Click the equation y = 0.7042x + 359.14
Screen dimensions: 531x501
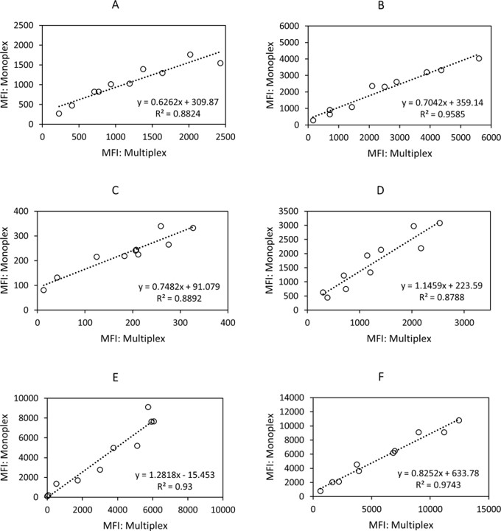click(442, 104)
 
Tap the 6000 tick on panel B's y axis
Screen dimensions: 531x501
click(291, 26)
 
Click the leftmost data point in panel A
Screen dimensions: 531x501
click(59, 114)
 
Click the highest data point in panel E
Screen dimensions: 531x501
click(148, 407)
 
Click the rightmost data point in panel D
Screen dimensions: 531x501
click(439, 223)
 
